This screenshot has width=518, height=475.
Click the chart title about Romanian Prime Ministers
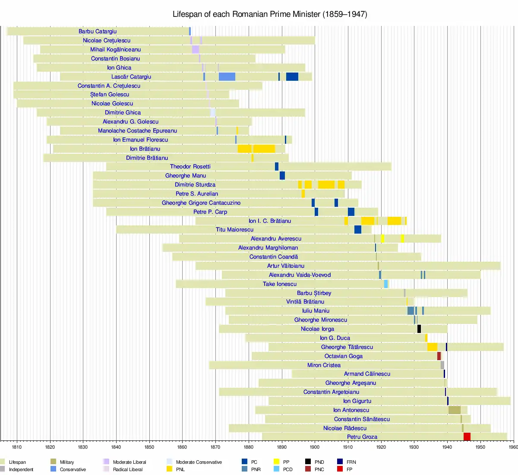pos(270,14)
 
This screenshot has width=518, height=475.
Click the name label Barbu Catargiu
pos(98,32)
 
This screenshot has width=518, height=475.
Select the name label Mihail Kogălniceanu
pos(115,50)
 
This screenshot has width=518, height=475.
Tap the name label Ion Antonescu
pos(351,410)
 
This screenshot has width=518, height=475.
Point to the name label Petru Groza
pos(362,437)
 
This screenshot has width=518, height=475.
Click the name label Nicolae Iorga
pos(317,329)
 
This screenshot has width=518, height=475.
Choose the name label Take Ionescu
pos(280,284)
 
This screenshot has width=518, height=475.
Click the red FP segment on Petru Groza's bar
pos(467,437)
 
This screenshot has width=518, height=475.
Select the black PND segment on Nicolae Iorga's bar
pos(419,329)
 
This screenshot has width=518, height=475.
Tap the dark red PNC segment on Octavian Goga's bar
pos(439,356)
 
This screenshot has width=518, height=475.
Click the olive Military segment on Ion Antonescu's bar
pos(454,410)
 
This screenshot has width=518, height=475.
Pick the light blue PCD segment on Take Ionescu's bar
pos(386,284)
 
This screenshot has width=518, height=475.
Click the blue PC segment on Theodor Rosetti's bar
pos(277,167)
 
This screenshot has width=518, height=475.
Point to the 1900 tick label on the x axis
pos(315,447)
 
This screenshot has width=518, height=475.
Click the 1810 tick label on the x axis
pos(17,447)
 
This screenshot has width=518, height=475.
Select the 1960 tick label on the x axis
pos(513,447)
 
